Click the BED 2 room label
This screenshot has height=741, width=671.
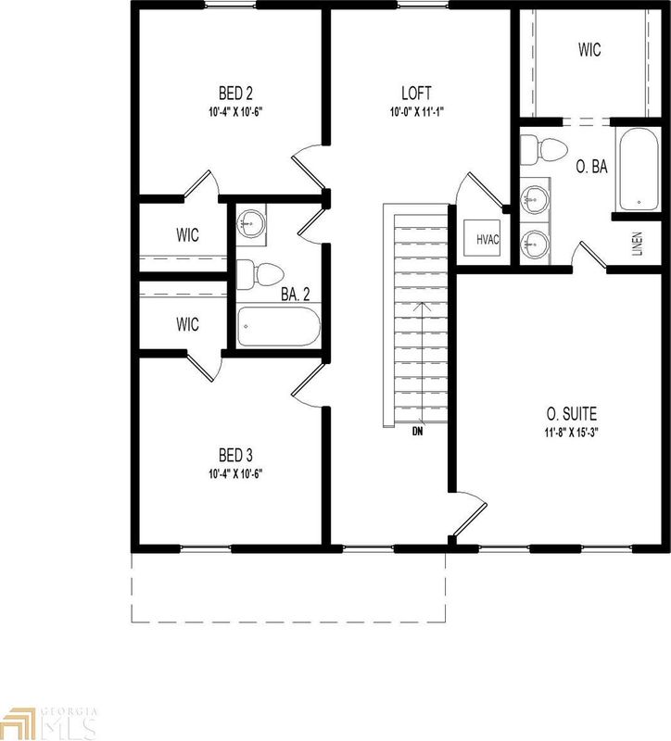(235, 93)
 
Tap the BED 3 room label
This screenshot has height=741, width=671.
(235, 455)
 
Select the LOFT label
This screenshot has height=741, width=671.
(417, 93)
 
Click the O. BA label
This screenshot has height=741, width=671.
(591, 167)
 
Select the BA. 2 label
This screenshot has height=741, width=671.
(295, 295)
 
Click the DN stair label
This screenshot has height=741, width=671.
(419, 430)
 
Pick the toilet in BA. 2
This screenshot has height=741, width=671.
(258, 275)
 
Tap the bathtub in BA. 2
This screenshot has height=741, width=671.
(279, 328)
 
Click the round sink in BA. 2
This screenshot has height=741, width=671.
(251, 222)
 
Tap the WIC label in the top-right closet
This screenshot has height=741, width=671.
(589, 50)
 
